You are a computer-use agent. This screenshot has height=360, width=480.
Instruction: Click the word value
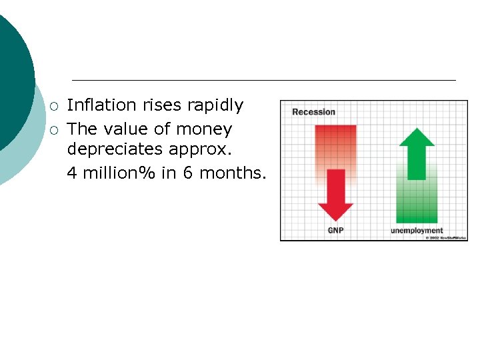point(125,129)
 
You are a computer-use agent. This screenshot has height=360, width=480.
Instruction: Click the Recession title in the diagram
point(313,111)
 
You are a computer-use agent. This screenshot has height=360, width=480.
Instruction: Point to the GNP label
point(335,231)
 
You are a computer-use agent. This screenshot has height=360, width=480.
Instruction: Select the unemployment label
point(417,231)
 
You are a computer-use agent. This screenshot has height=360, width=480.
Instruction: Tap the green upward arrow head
point(417,137)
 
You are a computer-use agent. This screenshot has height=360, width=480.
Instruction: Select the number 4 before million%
point(72,173)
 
